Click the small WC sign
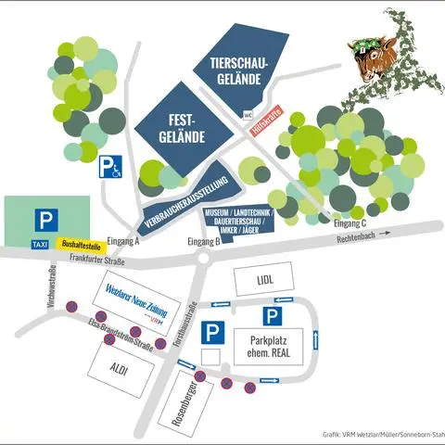click(248, 116)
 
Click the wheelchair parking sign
click(111, 167)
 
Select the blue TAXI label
click(39, 245)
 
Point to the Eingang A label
click(123, 241)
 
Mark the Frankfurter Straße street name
click(77, 259)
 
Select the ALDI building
click(118, 368)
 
